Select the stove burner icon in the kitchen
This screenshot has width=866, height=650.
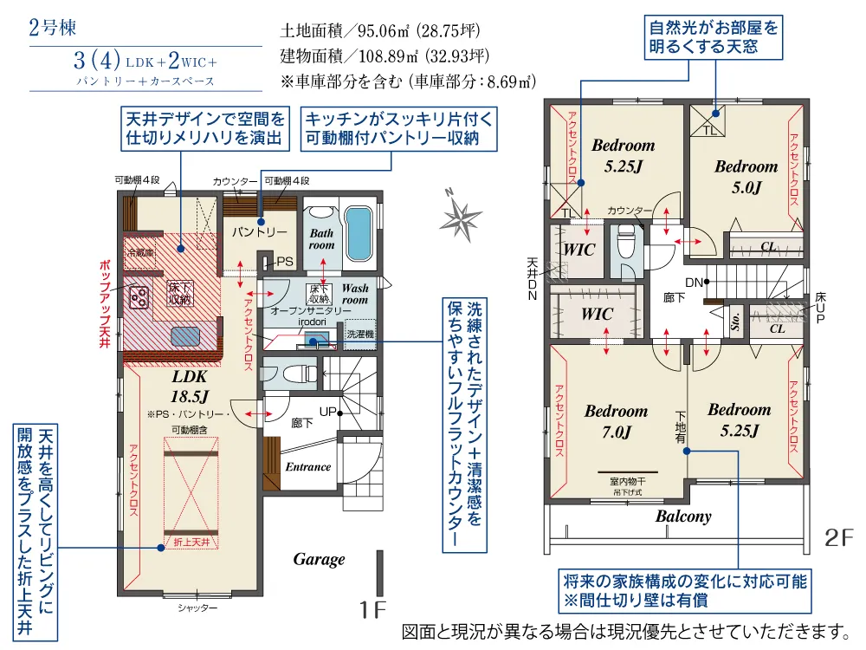(x=139, y=297)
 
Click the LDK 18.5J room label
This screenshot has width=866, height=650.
(x=191, y=387)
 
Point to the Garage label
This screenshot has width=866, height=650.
(x=319, y=559)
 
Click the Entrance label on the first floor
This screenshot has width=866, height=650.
(x=308, y=466)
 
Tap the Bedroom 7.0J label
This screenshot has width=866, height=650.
(x=615, y=420)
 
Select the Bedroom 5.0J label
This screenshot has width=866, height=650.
(x=746, y=176)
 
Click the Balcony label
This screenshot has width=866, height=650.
(x=683, y=517)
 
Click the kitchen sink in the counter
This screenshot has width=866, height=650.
(x=186, y=335)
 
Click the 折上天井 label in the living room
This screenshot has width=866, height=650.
(x=178, y=543)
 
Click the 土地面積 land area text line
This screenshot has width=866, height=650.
(x=380, y=31)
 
